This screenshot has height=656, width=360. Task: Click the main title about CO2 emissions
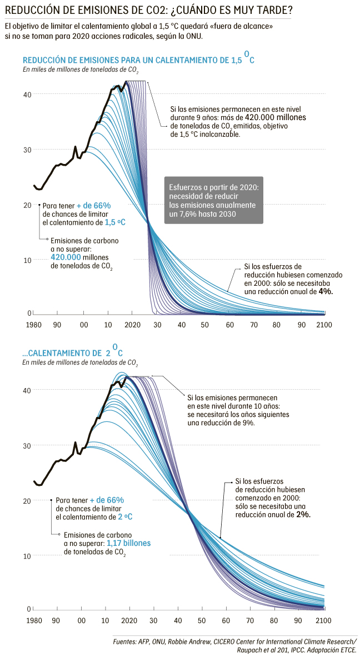[149, 11]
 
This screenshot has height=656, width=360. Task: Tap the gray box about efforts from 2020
[213, 200]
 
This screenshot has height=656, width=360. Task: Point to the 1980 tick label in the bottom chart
[34, 620]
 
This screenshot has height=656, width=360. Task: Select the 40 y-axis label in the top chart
[26, 94]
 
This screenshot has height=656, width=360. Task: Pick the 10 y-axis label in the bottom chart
[26, 556]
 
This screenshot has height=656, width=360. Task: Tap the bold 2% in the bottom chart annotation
[303, 515]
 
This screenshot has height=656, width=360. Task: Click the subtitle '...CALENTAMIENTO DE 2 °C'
[72, 352]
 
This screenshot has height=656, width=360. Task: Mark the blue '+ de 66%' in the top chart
[93, 205]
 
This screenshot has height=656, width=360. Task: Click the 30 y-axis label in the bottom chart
[26, 445]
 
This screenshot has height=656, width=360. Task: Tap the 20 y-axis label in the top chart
[26, 205]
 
